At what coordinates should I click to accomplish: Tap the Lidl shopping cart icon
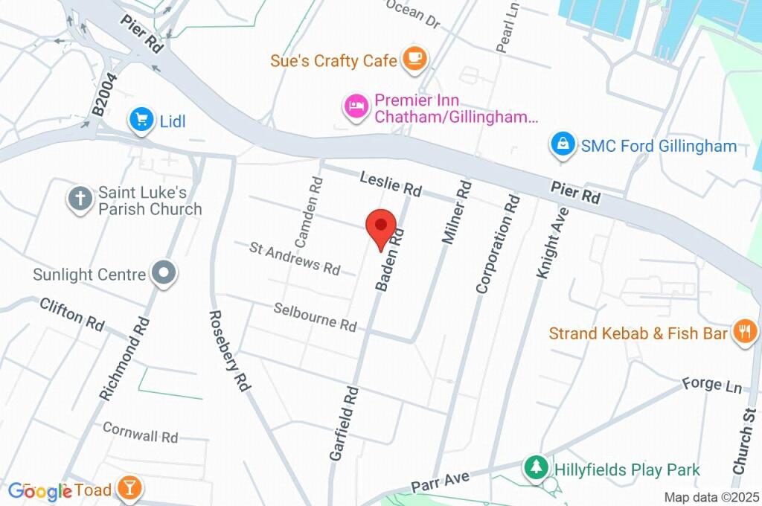141,120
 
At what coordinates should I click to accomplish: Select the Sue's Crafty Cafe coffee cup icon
414,60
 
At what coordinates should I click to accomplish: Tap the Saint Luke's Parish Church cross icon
80,199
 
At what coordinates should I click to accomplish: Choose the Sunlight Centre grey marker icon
162,274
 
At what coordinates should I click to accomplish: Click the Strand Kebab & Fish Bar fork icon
743,332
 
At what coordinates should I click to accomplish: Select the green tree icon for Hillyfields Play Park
535,468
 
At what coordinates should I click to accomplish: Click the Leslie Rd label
391,184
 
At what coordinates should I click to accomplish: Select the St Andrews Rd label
295,257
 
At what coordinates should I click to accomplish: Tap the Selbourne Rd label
315,317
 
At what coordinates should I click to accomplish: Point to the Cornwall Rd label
141,433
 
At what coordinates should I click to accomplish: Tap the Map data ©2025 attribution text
711,498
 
